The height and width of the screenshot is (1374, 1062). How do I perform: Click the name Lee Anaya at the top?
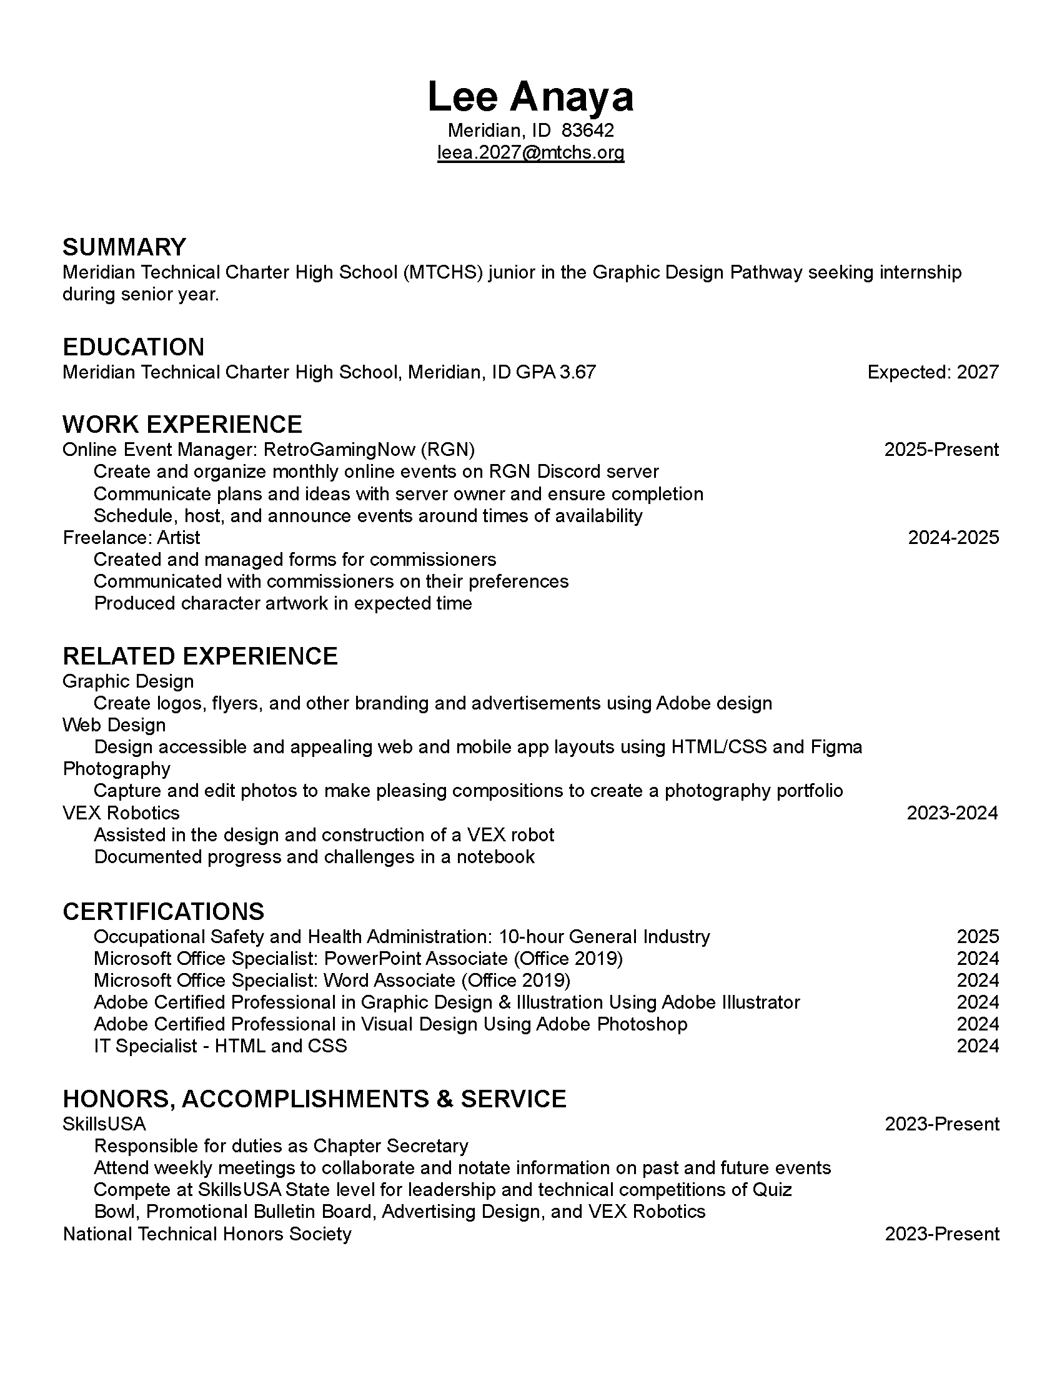pyautogui.click(x=530, y=97)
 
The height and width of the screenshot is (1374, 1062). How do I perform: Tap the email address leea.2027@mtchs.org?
pyautogui.click(x=530, y=152)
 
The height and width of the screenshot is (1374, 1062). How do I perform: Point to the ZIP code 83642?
pyautogui.click(x=588, y=131)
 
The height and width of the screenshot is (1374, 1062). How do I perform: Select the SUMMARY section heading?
pyautogui.click(x=124, y=247)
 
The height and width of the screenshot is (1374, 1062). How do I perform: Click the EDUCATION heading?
pyautogui.click(x=134, y=347)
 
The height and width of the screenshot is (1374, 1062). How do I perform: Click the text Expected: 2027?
pyautogui.click(x=933, y=372)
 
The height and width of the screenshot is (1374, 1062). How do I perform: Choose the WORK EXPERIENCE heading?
pyautogui.click(x=182, y=425)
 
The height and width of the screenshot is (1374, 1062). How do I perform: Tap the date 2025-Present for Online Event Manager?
pyautogui.click(x=941, y=450)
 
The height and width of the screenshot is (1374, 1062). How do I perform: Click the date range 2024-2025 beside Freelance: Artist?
pyautogui.click(x=953, y=537)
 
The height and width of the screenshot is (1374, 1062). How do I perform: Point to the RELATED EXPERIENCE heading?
pyautogui.click(x=199, y=656)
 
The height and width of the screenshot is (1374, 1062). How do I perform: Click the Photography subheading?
pyautogui.click(x=116, y=769)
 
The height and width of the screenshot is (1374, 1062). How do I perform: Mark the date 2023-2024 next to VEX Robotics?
pyautogui.click(x=952, y=813)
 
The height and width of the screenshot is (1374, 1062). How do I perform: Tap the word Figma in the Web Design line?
pyautogui.click(x=836, y=747)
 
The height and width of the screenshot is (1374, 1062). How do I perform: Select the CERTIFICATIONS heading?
pyautogui.click(x=164, y=912)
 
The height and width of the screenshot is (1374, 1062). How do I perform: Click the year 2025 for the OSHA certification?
pyautogui.click(x=977, y=937)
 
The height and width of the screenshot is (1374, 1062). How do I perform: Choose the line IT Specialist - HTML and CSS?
pyautogui.click(x=220, y=1045)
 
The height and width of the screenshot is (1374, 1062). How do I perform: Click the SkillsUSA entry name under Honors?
pyautogui.click(x=104, y=1124)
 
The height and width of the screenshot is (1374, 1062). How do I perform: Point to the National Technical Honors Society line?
pyautogui.click(x=207, y=1233)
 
